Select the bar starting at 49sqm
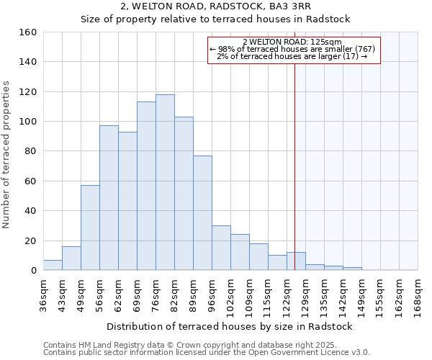(x=90, y=228)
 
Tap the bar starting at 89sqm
(x=202, y=212)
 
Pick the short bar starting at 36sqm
(x=53, y=265)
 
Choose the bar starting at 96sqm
(x=221, y=248)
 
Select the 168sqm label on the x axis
(x=418, y=294)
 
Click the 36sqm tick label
(x=44, y=294)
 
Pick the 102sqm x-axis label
(x=231, y=294)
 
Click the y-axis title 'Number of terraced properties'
(x=7, y=155)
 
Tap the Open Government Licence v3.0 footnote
(x=207, y=352)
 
